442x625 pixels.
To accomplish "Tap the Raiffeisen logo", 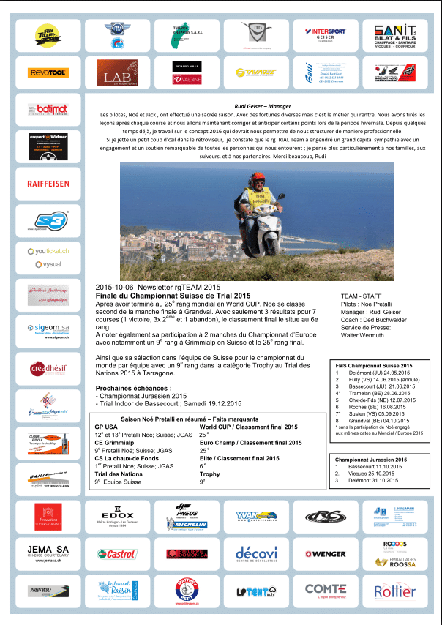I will pyautogui.click(x=48, y=184).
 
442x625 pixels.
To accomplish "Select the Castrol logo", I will pyautogui.click(x=117, y=554).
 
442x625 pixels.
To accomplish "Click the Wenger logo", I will pyautogui.click(x=324, y=554).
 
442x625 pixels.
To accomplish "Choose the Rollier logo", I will pyautogui.click(x=394, y=591).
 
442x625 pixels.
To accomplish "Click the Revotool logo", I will pyautogui.click(x=48, y=72).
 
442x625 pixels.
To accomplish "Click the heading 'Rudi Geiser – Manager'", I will pyautogui.click(x=255, y=106).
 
